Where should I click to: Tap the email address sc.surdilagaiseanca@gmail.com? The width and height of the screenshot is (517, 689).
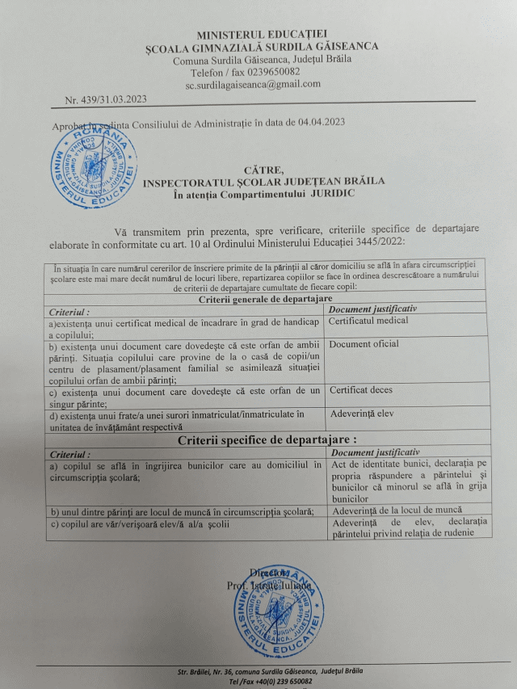pyautogui.click(x=253, y=84)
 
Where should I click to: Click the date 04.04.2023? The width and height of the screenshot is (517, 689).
pyautogui.click(x=321, y=123)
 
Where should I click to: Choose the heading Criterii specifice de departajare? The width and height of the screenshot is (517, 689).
pyautogui.click(x=267, y=440)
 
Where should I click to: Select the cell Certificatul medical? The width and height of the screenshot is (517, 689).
pyautogui.click(x=369, y=321)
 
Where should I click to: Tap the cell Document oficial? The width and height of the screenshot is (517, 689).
pyautogui.click(x=364, y=345)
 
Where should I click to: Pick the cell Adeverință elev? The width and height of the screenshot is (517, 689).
pyautogui.click(x=363, y=414)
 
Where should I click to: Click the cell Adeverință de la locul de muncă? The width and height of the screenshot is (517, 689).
pyautogui.click(x=397, y=510)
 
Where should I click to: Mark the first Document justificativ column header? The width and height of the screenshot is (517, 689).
pyautogui.click(x=370, y=309)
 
